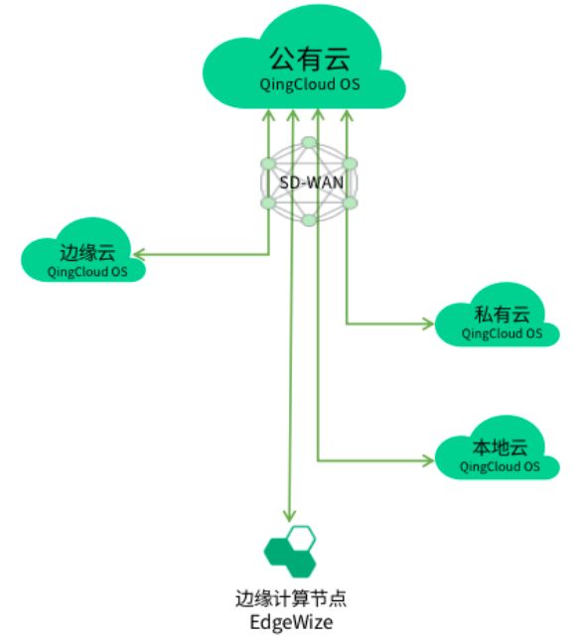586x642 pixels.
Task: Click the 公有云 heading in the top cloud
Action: click(310, 59)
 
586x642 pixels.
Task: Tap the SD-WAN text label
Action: click(312, 183)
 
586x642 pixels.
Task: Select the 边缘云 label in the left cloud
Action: click(87, 253)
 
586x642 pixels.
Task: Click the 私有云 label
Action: click(502, 315)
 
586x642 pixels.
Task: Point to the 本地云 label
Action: click(500, 448)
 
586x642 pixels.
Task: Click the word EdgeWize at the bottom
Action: click(291, 622)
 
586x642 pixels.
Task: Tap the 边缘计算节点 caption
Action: click(291, 598)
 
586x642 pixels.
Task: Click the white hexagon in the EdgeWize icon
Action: click(301, 539)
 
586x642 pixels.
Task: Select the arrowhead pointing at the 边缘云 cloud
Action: click(139, 255)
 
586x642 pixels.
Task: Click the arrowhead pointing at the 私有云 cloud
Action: click(428, 323)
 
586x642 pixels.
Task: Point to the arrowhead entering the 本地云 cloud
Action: click(428, 460)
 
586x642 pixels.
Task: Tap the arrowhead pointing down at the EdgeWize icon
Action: click(289, 516)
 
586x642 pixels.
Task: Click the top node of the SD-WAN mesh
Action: click(309, 143)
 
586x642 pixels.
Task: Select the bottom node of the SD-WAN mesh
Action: click(309, 220)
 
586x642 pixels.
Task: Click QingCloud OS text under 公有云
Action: click(310, 84)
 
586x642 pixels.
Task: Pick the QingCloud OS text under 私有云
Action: click(502, 333)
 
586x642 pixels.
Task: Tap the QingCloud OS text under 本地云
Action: click(500, 466)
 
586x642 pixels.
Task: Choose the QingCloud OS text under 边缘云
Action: click(87, 272)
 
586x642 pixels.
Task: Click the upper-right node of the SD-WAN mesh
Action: click(350, 164)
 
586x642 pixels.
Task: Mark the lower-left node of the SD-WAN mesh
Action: click(268, 202)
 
